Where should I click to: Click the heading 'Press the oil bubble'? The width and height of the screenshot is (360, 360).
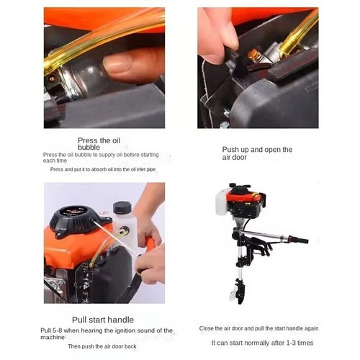pos(99,144)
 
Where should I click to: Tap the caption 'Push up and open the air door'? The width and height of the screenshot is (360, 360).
pos(257,153)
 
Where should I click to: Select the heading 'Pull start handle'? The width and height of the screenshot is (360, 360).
pos(103,320)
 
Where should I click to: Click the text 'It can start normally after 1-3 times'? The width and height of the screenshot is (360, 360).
pos(262,343)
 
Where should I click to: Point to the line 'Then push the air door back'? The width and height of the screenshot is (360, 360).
pos(102,346)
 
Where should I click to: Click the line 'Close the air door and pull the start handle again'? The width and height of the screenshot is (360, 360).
pos(258,328)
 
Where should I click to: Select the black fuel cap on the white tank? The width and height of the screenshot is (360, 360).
pos(122,207)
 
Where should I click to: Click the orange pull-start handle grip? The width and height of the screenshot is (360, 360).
pos(150,243)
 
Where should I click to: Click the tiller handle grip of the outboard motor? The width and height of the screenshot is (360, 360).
pos(300,240)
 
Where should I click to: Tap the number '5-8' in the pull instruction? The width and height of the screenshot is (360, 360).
pos(58,330)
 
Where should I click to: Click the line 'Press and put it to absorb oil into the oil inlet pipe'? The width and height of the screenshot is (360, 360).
pos(103,169)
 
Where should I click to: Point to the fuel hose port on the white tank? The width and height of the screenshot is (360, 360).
pos(124,231)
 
